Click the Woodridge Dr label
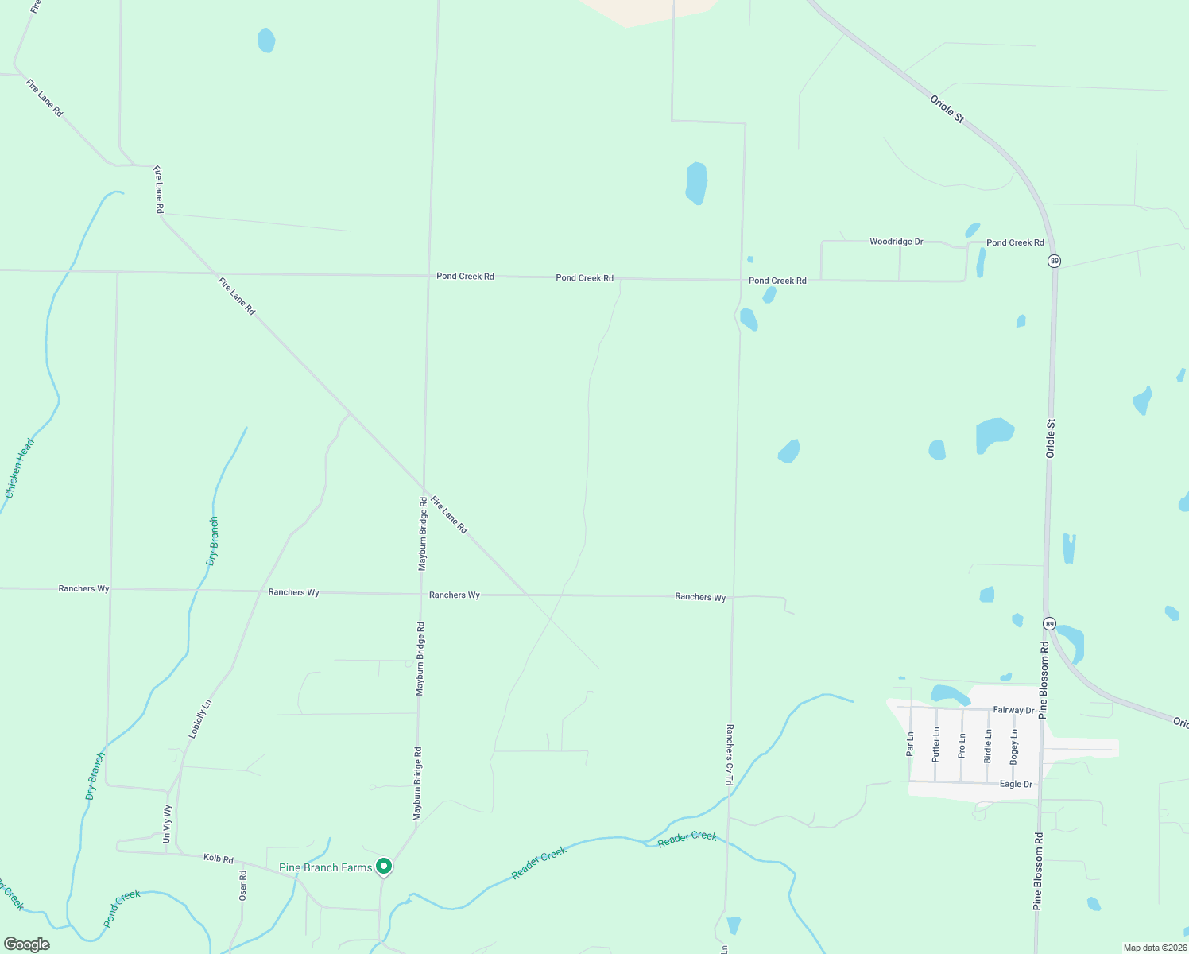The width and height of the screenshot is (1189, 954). click(x=896, y=242)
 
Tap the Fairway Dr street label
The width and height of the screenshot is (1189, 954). click(x=1013, y=710)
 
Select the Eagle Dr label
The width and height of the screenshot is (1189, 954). click(x=1016, y=784)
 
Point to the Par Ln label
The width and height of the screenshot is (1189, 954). click(x=910, y=743)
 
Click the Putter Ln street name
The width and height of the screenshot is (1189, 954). click(x=936, y=744)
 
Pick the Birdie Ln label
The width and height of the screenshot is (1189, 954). click(x=988, y=746)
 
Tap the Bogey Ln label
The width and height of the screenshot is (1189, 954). click(x=1013, y=747)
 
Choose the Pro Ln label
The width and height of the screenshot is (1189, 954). click(x=962, y=744)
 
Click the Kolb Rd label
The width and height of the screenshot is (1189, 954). click(x=218, y=859)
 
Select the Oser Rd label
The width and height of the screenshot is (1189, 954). click(x=243, y=886)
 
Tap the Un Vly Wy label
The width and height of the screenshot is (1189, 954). click(x=167, y=824)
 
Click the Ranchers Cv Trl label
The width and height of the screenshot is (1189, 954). click(x=729, y=754)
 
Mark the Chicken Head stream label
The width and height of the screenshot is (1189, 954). click(x=20, y=469)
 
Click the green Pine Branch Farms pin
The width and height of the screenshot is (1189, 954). click(x=384, y=867)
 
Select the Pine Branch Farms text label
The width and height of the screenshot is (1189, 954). click(x=325, y=867)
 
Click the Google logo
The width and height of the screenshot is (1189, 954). click(x=26, y=944)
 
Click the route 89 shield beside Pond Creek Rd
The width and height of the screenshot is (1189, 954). click(x=1054, y=261)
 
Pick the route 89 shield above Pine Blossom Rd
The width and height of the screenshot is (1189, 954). click(x=1050, y=624)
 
